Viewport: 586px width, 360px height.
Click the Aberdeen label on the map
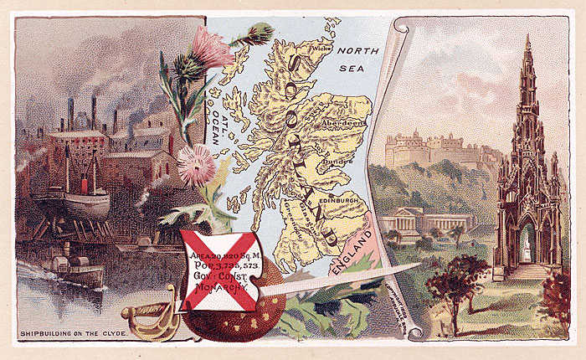pyautogui.click(x=342, y=122)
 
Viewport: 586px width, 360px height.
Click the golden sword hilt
pyautogui.click(x=146, y=316)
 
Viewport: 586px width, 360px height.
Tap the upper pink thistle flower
pyautogui.click(x=212, y=48)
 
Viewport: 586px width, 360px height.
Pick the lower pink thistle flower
pyautogui.click(x=195, y=162)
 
